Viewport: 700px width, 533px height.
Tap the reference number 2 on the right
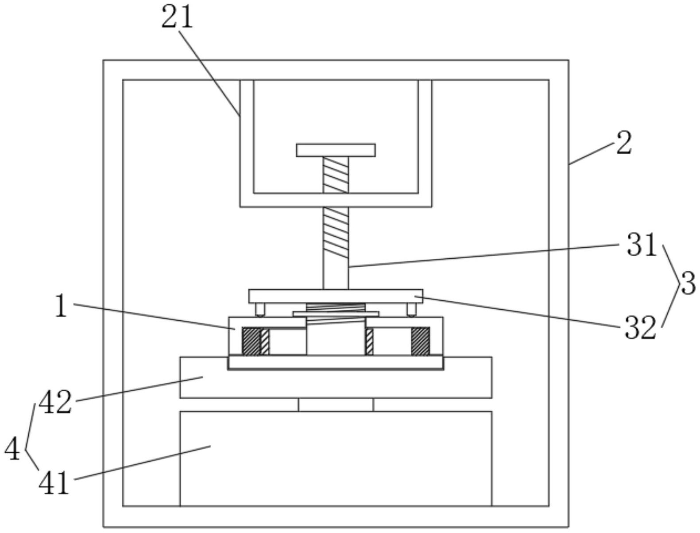(x=623, y=144)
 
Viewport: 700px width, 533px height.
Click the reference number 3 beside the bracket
(x=688, y=284)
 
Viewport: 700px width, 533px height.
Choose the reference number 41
(x=54, y=482)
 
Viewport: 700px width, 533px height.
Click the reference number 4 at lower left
(x=12, y=449)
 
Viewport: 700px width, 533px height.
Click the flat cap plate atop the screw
(x=336, y=150)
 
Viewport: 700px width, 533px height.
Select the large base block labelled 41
(x=336, y=458)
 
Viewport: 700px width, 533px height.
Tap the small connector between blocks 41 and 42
(x=336, y=405)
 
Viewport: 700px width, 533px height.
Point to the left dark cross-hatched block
(x=251, y=341)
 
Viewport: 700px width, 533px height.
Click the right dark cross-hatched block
(x=420, y=341)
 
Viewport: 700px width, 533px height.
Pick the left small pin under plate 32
(x=259, y=309)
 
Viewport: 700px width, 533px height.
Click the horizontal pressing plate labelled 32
(x=336, y=296)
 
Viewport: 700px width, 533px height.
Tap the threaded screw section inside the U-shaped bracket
(x=336, y=175)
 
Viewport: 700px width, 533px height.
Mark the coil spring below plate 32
(x=336, y=307)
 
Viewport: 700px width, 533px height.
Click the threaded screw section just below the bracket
(x=336, y=233)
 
